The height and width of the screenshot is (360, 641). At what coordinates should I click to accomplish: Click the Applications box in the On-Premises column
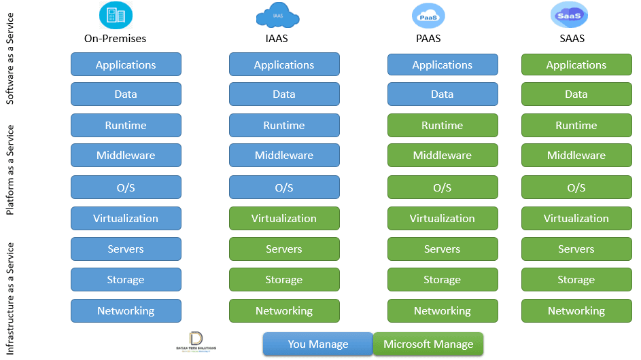tap(126, 65)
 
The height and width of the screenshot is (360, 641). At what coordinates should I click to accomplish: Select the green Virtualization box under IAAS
tap(284, 218)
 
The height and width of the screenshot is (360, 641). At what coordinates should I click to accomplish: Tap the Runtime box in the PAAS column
tap(443, 125)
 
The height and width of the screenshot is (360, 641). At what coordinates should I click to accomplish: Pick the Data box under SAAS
tap(576, 94)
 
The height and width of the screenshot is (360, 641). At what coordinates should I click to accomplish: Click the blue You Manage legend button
tap(318, 344)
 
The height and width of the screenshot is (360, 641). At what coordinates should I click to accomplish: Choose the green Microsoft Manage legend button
tap(428, 344)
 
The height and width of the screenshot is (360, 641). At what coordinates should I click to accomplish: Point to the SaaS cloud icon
tap(569, 15)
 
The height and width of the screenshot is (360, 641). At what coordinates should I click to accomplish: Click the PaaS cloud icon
tap(428, 15)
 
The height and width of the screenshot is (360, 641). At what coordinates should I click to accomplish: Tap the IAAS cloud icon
tap(277, 15)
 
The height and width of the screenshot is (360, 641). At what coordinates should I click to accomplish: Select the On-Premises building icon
tap(116, 15)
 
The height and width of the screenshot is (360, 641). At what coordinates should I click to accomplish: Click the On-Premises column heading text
tap(116, 39)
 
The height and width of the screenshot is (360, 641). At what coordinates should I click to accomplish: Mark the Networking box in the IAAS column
tap(284, 310)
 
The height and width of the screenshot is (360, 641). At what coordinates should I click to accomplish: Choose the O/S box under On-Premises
tap(126, 187)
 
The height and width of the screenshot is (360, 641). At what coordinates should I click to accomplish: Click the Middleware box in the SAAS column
tap(576, 155)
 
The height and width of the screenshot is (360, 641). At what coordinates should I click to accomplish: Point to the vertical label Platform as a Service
tap(10, 170)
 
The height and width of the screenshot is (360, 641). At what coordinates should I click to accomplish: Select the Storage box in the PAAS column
tap(443, 279)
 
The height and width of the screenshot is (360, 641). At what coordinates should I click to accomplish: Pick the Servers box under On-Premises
tap(126, 249)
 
